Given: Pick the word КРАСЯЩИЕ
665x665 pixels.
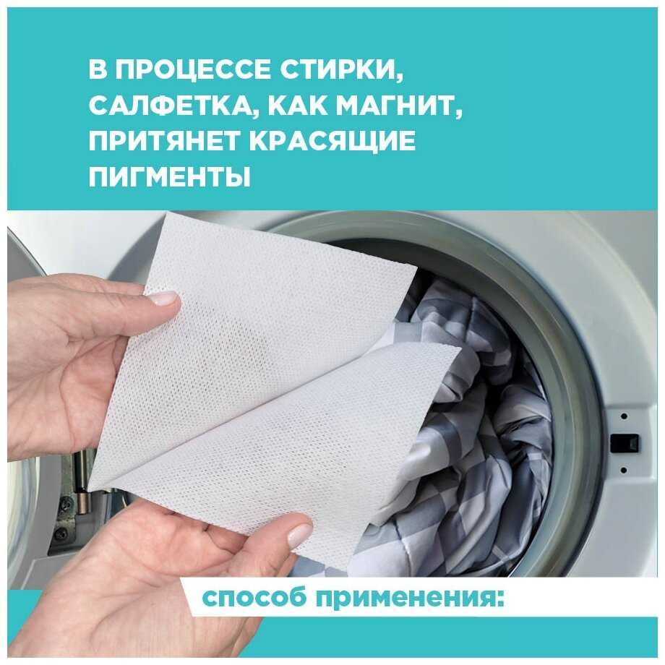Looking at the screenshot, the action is click(x=332, y=140).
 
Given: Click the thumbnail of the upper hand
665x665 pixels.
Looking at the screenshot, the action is click(x=166, y=298).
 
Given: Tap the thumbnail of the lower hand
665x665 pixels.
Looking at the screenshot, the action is click(x=300, y=534).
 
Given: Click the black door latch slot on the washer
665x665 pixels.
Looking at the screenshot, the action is click(x=625, y=443).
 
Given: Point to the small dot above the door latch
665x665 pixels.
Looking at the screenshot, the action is click(x=623, y=416).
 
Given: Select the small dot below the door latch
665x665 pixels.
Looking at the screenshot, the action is click(x=623, y=470).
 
